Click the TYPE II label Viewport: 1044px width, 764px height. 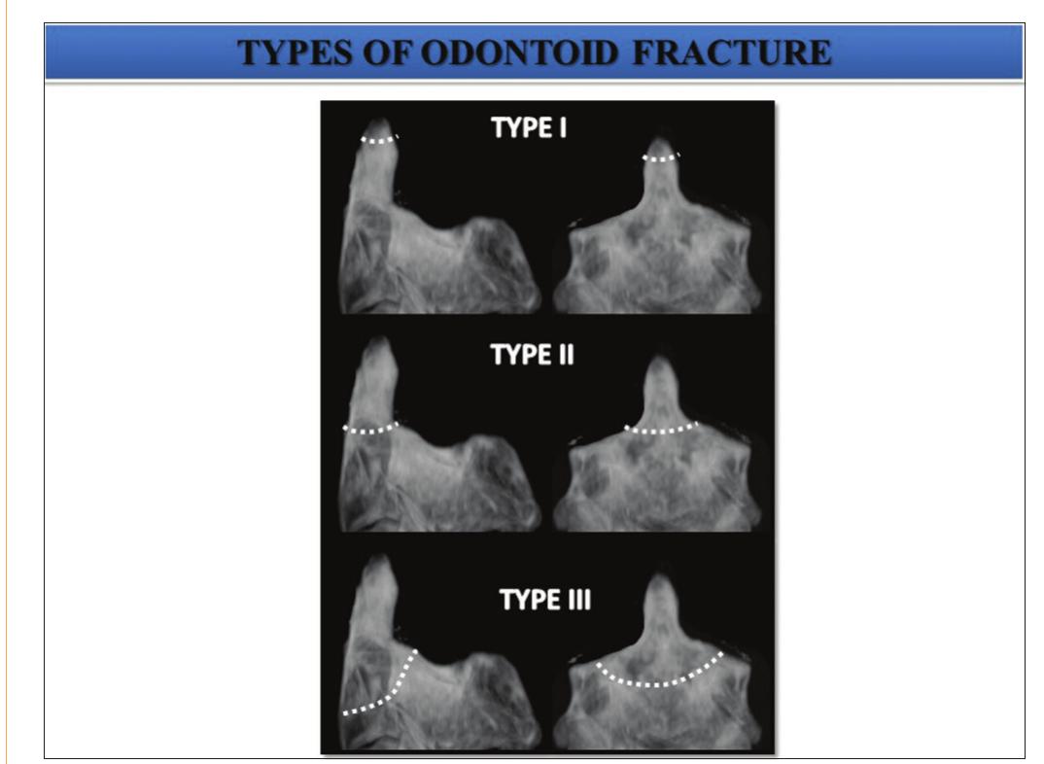(533, 355)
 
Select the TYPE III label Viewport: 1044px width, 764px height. (544, 600)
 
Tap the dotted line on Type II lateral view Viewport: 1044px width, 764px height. (371, 428)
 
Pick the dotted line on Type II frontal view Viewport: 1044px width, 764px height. (661, 428)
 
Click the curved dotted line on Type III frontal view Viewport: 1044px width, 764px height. (661, 678)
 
